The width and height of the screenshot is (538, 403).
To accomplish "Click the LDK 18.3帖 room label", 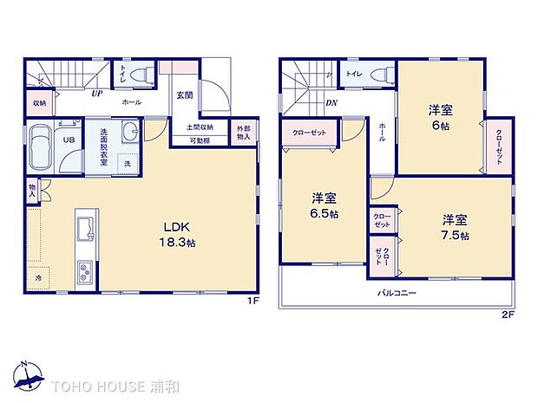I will tap(179, 236).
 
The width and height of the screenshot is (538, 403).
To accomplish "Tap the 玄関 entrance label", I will tap(185, 96).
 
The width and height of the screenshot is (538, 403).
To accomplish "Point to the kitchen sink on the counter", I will tap(84, 230).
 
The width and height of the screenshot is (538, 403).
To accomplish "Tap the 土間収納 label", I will tap(200, 127).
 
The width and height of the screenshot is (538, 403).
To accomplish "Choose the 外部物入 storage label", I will tap(244, 133).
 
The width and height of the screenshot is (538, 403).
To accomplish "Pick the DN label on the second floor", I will tap(331, 103).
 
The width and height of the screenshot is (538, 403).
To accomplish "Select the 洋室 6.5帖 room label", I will tap(323, 205).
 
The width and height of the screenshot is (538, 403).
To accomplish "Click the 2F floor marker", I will tap(508, 314).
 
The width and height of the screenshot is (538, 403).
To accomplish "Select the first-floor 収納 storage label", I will tap(41, 102).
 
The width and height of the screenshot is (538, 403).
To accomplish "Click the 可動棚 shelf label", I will tap(200, 140).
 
